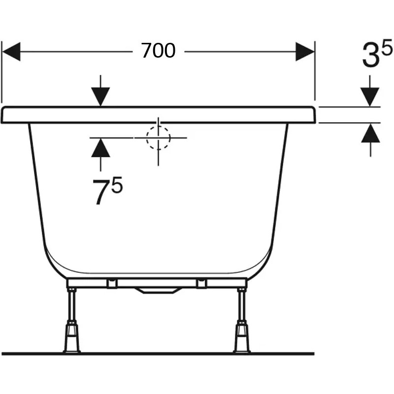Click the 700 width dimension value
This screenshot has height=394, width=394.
tap(158, 51)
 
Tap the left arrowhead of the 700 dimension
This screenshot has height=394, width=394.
tap(11, 52)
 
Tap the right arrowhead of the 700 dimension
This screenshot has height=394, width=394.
tap(305, 52)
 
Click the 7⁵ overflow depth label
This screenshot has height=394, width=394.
tap(107, 190)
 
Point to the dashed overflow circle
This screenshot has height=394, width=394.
tap(158, 138)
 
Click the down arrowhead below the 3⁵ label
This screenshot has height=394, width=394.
tap(370, 97)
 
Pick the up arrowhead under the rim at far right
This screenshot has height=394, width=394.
tap(370, 133)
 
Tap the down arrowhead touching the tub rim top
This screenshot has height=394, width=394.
tap(100, 97)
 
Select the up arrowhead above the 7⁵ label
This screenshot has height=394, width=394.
tap(100, 148)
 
